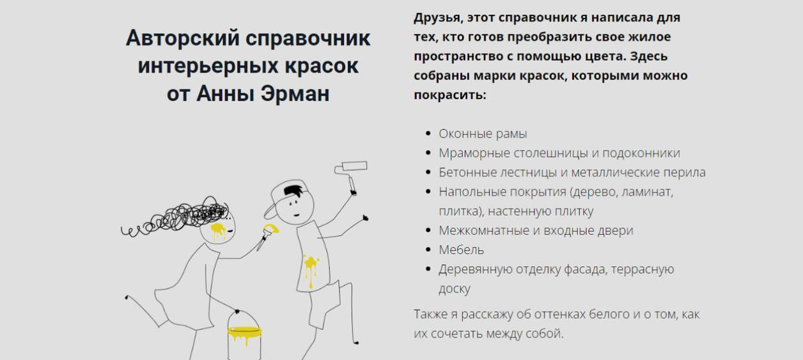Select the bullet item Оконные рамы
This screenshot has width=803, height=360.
click(x=483, y=134)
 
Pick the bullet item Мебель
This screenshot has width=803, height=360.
click(x=461, y=249)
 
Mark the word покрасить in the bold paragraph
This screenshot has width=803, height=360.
click(x=449, y=95)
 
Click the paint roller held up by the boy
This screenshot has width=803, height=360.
click(x=351, y=169)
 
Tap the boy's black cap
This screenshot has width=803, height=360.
click(x=286, y=192)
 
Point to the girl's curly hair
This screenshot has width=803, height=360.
click(x=185, y=216)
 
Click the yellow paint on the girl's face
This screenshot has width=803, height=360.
click(x=218, y=230)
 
